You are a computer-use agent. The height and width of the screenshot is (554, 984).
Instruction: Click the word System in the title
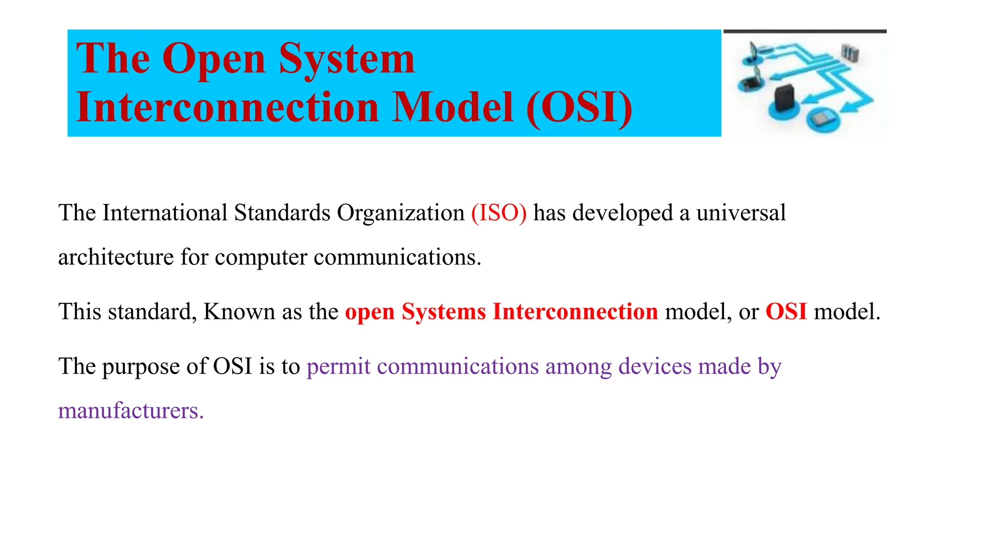point(346,59)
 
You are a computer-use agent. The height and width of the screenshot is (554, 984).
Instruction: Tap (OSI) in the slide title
point(579,108)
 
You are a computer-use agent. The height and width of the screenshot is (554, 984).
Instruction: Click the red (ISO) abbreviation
point(499,213)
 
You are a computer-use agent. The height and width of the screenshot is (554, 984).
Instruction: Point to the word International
point(165,213)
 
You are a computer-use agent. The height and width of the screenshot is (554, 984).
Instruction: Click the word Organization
point(400,213)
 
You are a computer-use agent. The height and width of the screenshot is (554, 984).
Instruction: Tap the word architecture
point(116,257)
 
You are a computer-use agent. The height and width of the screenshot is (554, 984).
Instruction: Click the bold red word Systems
point(443,311)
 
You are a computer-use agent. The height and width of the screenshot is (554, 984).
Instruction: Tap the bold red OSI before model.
point(786,311)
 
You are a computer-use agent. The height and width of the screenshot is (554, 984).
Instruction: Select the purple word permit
point(338,366)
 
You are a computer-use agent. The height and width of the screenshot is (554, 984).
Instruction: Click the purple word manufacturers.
point(131,411)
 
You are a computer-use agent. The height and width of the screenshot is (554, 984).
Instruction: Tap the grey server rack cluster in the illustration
point(849,53)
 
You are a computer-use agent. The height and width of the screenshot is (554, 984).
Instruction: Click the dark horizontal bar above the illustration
point(805,31)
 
